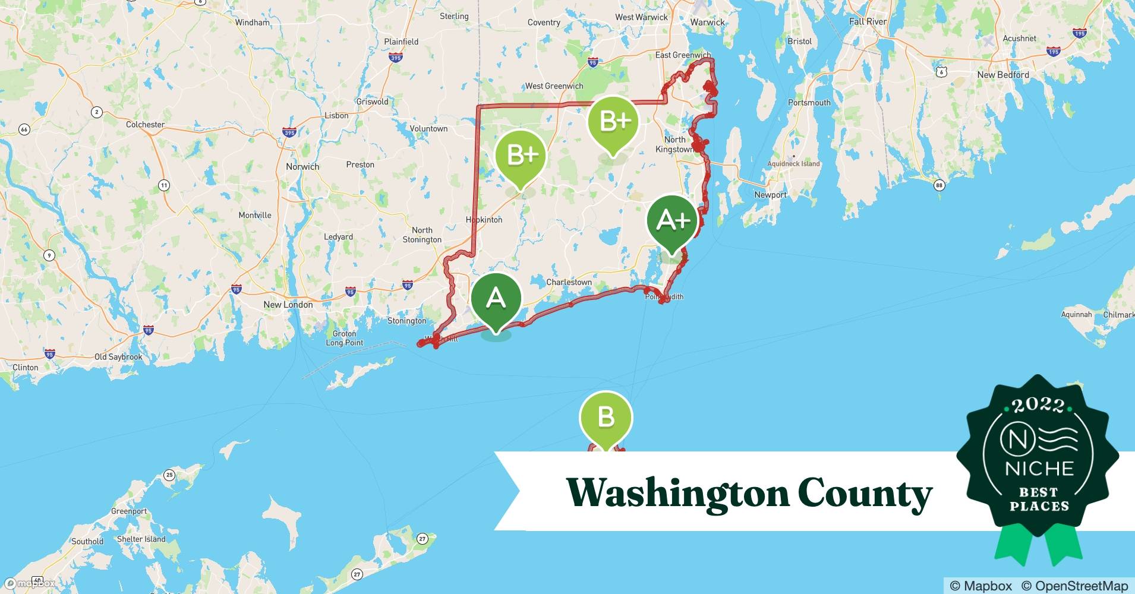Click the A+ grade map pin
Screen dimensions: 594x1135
[x=672, y=221]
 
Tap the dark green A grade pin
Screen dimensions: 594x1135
[x=496, y=299]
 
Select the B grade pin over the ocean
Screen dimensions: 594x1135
[x=606, y=416]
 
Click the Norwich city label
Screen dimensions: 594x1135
[x=302, y=166]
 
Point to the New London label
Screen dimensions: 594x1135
[x=288, y=305]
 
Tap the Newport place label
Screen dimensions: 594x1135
[x=770, y=195]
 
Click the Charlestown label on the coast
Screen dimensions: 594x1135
[x=569, y=282]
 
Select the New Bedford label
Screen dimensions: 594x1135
[x=1003, y=75]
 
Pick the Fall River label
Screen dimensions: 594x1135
[x=868, y=21]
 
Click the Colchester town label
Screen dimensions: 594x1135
[x=145, y=125]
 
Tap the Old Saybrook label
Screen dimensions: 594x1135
[x=118, y=357]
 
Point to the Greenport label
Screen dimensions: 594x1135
[x=129, y=511]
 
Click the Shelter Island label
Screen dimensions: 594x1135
[x=141, y=539]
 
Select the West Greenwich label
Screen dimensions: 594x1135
[x=554, y=86]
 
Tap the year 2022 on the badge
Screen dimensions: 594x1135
[x=1038, y=406]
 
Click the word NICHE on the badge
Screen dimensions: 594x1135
[x=1039, y=469]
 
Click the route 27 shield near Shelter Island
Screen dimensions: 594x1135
[x=422, y=539]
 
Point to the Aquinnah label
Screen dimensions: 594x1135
[x=1076, y=314]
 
